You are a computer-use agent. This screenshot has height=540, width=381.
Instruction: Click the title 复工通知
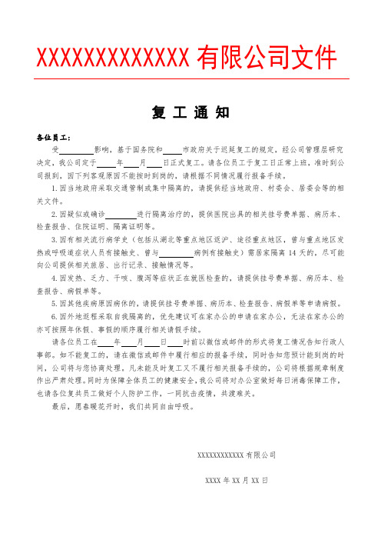pos(190,112)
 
